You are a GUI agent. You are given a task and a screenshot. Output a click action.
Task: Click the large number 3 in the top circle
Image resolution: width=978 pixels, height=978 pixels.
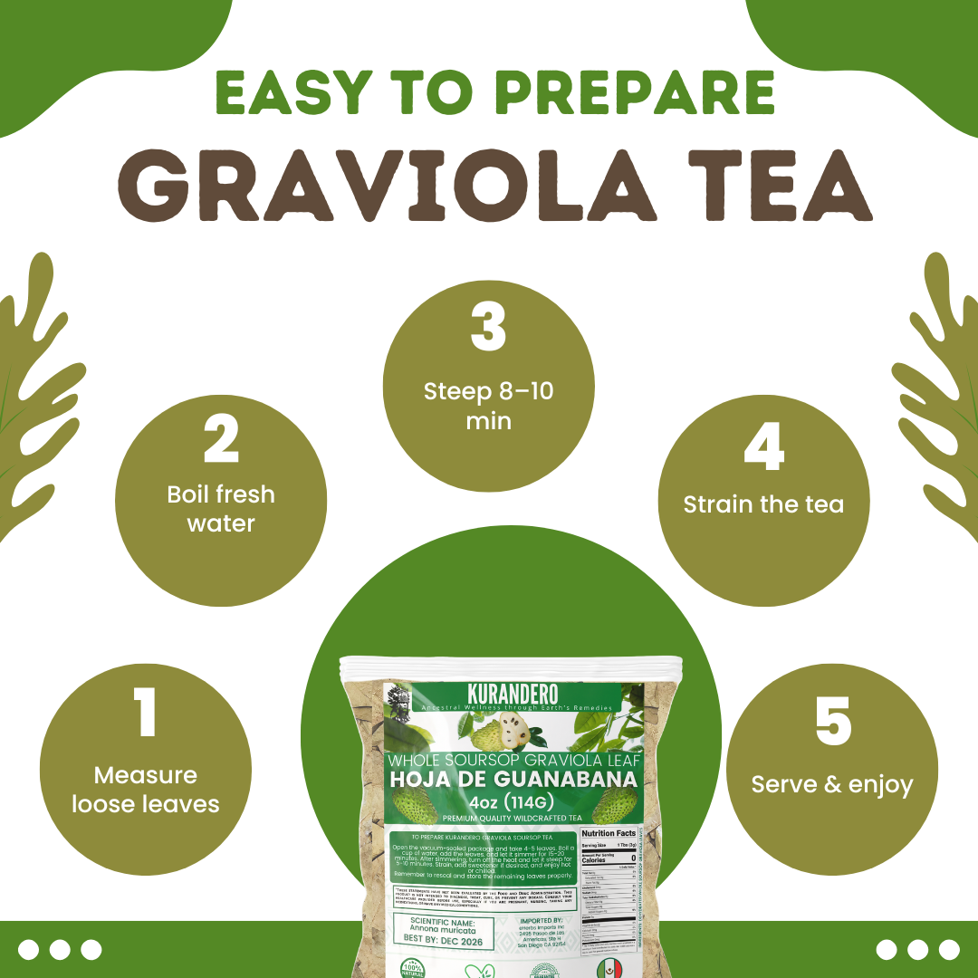pos(489,327)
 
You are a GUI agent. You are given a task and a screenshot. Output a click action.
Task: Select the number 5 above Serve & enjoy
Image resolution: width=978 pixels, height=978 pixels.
pos(833,721)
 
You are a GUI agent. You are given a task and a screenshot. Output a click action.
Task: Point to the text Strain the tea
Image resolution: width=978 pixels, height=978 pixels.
pos(763,504)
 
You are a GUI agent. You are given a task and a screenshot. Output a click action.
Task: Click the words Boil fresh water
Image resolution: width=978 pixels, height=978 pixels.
pos(221,509)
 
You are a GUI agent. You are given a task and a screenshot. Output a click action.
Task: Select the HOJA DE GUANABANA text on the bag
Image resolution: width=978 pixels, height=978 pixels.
pos(513,778)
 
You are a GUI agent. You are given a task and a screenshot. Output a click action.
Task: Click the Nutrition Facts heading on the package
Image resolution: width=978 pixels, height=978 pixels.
pos(609,833)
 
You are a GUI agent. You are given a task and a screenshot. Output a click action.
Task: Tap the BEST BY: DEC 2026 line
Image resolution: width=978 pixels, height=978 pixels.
pos(443,942)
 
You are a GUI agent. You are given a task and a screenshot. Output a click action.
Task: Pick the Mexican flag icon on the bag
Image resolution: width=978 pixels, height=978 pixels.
pos(609,969)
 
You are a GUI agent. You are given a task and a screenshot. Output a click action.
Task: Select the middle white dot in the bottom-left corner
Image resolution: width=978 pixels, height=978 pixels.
pos(60,949)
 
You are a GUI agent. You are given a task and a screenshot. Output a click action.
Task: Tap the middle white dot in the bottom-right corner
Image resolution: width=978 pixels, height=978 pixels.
pos(917,949)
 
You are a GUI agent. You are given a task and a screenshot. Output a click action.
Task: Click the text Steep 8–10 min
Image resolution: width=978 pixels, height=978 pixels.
pos(489,407)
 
